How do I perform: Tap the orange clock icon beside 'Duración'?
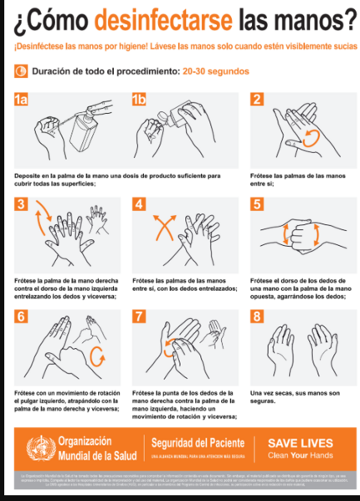pos(21,72)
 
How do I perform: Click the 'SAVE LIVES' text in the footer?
pos(300,443)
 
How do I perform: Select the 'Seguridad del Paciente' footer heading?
pos(198,442)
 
